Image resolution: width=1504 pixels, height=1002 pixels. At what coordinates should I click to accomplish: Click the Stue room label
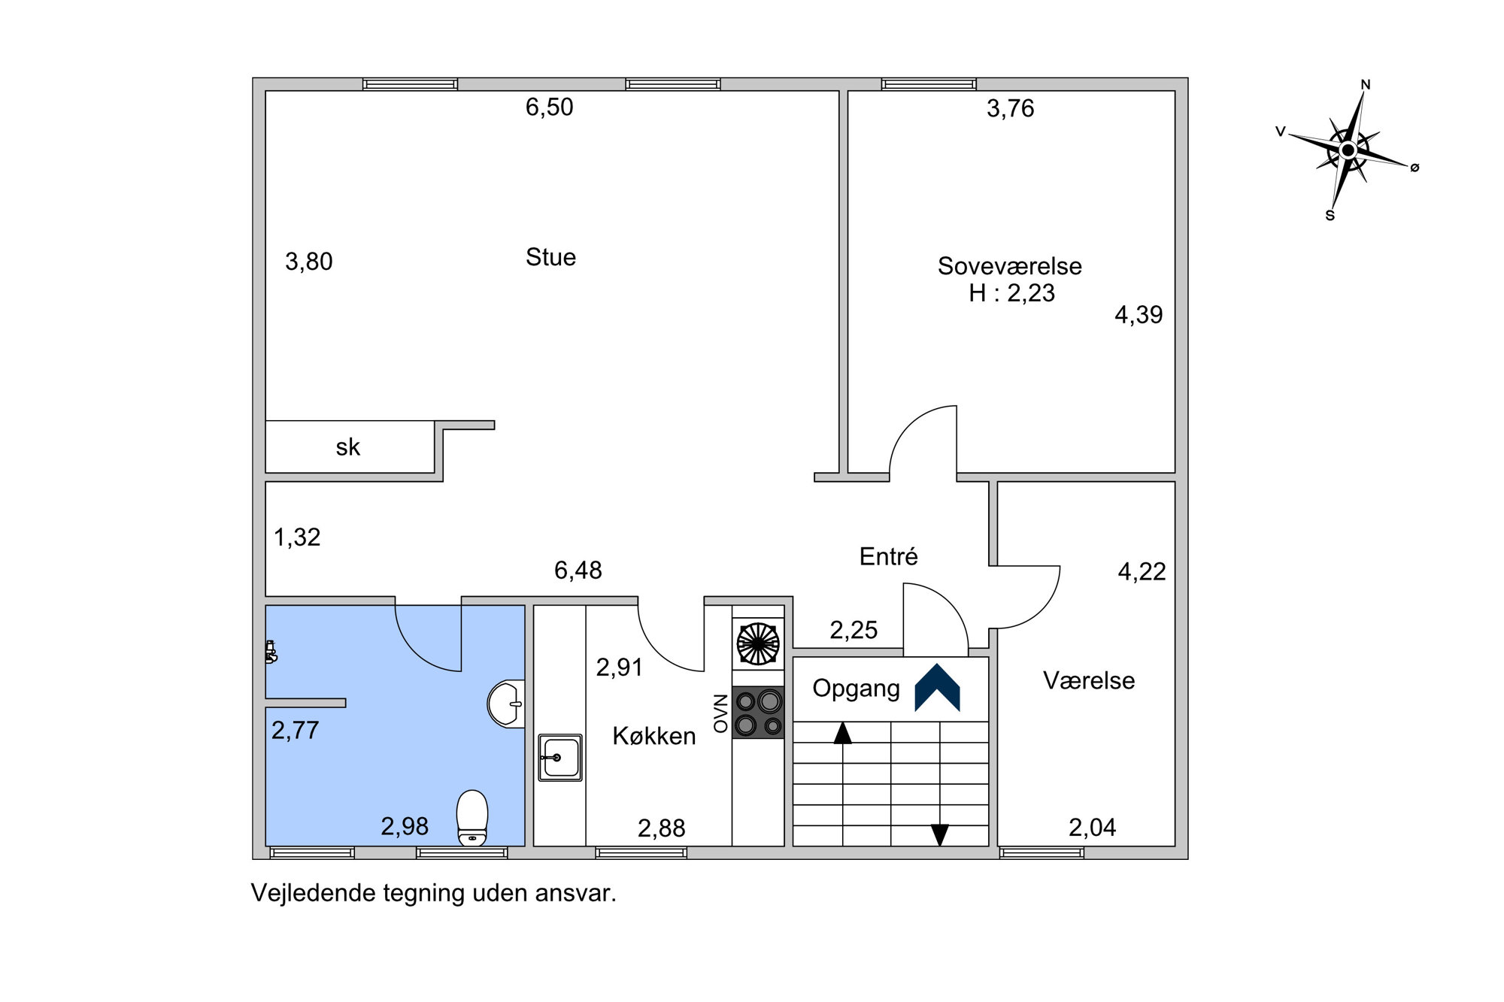550,257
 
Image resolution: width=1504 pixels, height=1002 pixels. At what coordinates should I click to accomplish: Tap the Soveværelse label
1009,266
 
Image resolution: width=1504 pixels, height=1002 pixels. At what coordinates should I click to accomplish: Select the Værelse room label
1089,680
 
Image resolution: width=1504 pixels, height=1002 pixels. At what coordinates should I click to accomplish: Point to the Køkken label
654,736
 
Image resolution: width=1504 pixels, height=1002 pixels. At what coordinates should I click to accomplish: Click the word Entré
888,556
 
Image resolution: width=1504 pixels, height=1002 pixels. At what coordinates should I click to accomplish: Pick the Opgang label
857,689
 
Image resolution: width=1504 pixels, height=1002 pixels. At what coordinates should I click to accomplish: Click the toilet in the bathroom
472,817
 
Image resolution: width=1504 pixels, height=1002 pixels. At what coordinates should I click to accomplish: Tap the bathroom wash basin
506,704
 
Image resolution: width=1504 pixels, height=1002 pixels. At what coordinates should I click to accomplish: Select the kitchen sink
560,758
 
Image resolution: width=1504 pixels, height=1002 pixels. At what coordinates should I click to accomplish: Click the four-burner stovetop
758,713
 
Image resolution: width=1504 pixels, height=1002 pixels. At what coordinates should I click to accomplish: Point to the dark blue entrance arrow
937,687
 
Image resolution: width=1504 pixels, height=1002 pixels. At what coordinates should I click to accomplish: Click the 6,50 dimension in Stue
549,107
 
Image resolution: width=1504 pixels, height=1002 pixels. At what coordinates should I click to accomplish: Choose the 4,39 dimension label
1139,315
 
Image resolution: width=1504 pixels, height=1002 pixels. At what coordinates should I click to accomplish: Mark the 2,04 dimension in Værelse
1092,828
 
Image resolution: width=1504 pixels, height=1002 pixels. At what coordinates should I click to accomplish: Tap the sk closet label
347,447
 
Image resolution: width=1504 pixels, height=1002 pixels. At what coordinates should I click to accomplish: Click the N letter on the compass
1366,85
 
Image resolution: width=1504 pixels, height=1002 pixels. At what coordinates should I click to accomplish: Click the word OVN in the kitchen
721,713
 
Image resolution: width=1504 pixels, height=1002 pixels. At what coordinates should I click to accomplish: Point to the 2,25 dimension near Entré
854,630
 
